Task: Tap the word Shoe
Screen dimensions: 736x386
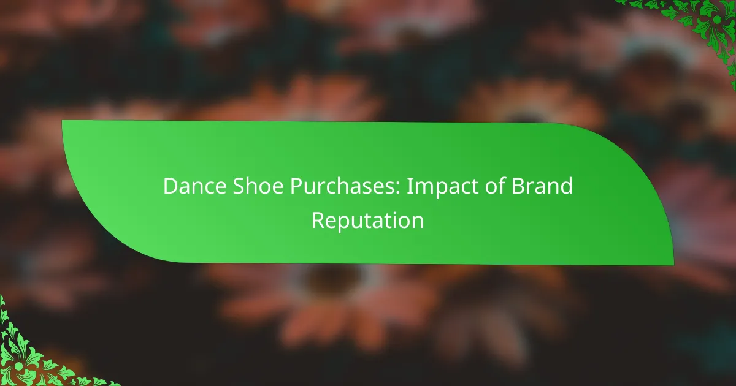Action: pyautogui.click(x=258, y=186)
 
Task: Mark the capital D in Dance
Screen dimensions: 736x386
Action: pyautogui.click(x=171, y=186)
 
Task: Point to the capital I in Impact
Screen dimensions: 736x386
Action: pyautogui.click(x=409, y=186)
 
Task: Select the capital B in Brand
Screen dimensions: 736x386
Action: pyautogui.click(x=518, y=186)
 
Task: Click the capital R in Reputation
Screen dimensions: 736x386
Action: pyautogui.click(x=318, y=220)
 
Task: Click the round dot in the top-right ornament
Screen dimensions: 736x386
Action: pyautogui.click(x=717, y=20)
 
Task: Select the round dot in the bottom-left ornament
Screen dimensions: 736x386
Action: pyautogui.click(x=19, y=366)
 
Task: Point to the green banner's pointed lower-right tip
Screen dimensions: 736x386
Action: pyautogui.click(x=673, y=265)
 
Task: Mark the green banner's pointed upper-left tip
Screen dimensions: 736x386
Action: pyautogui.click(x=63, y=121)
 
